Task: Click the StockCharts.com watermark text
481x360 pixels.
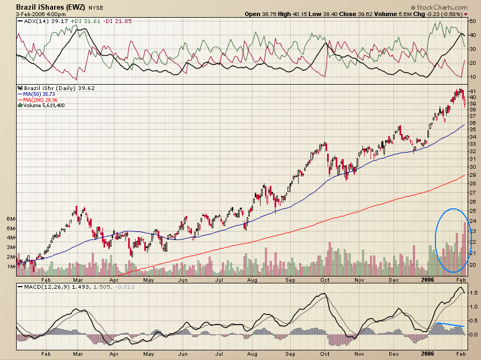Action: pos(440,6)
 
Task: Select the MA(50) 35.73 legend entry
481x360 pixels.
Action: pos(40,94)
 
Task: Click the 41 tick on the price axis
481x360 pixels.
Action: pos(472,91)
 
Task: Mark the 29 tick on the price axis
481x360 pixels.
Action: pos(472,175)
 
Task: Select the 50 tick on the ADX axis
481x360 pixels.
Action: pos(472,21)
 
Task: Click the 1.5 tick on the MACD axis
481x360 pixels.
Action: pos(472,293)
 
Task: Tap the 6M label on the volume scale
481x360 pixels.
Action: pos(10,219)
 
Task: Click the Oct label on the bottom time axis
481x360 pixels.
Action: pos(324,354)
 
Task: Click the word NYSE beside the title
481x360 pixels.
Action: pos(97,7)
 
